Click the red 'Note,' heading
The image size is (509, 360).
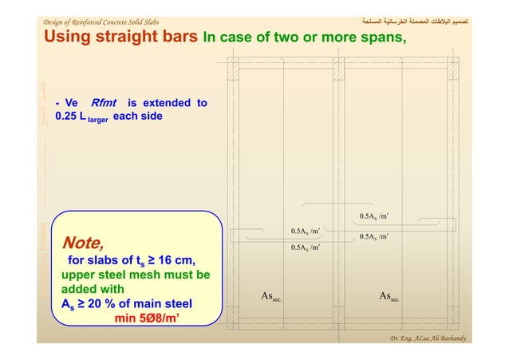(x=82, y=241)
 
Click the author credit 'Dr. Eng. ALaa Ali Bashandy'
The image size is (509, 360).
(x=426, y=338)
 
